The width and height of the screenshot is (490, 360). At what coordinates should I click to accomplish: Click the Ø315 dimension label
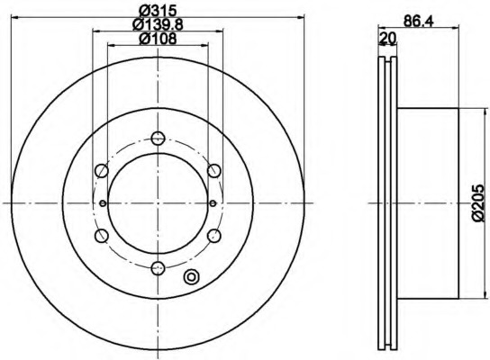point(159,11)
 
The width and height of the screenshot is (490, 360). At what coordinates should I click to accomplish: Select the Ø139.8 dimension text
point(158,24)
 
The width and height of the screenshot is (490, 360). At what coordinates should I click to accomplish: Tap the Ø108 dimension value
point(158,39)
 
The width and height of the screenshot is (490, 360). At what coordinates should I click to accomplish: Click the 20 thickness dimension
point(387,38)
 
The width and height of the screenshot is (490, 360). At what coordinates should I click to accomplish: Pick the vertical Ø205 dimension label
point(479,202)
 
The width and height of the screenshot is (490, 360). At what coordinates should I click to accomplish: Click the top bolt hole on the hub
point(158,138)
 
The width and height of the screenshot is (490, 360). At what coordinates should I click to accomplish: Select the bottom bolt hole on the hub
point(158,268)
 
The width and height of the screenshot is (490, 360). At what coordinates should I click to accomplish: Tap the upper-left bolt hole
point(101,171)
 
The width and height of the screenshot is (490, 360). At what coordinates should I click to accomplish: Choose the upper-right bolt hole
point(214,171)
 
